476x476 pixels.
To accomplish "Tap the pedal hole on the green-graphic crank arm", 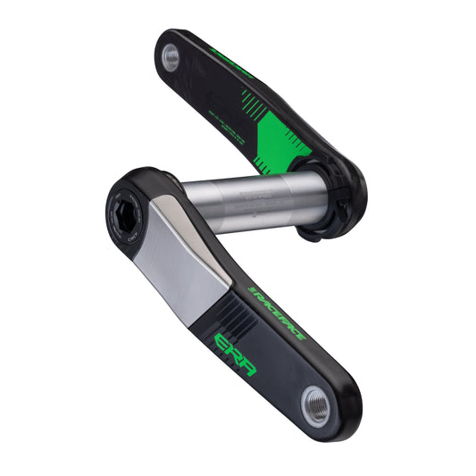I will [171, 57].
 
